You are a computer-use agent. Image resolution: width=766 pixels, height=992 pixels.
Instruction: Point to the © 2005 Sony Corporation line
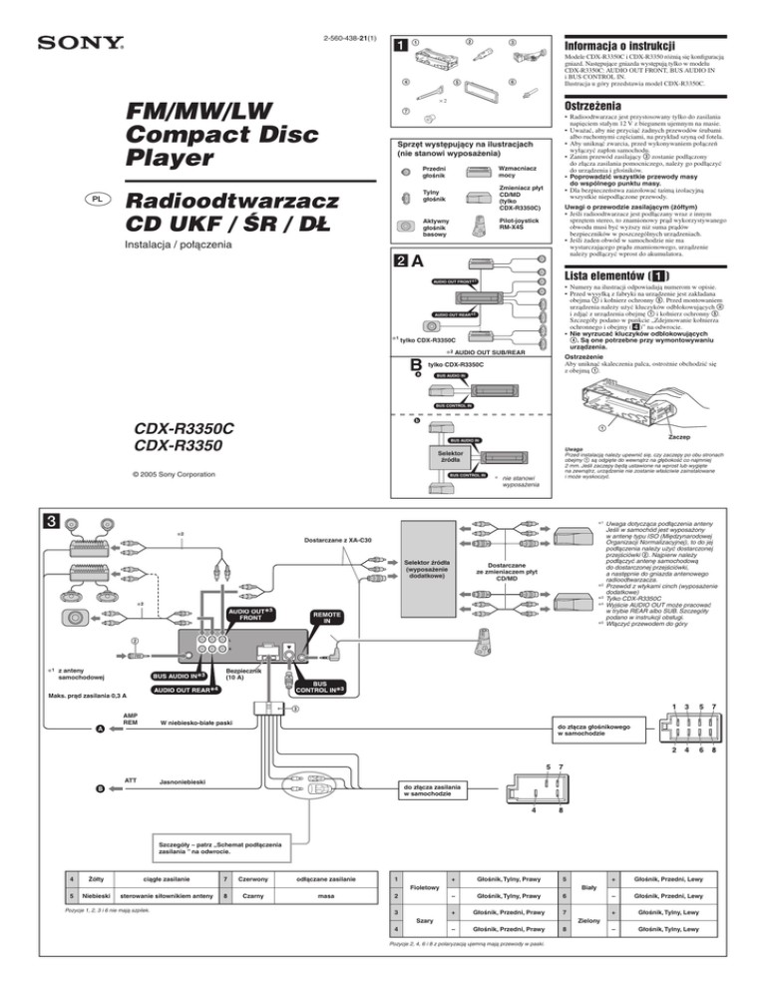point(81,462)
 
